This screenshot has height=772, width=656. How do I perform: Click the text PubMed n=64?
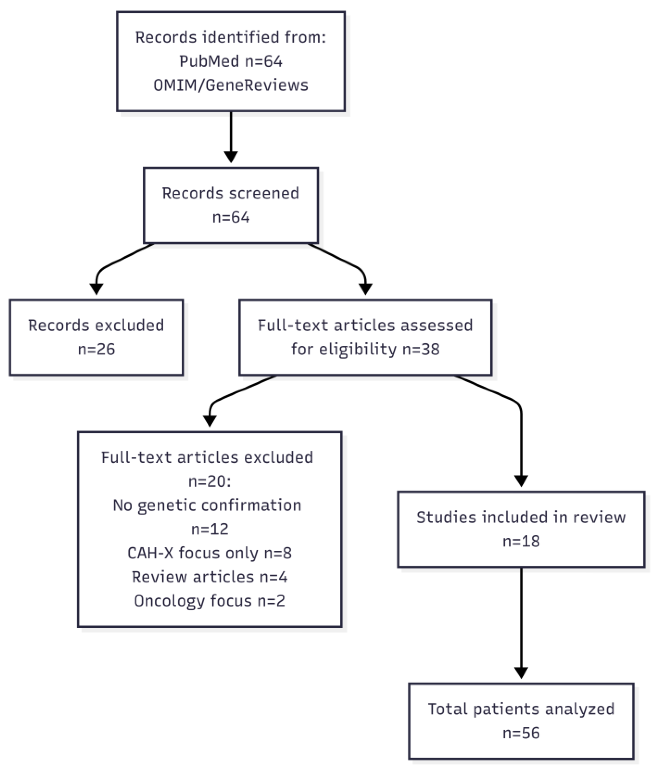point(230,61)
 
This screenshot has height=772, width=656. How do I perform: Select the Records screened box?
point(230,205)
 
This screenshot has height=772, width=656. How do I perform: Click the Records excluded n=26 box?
point(96,337)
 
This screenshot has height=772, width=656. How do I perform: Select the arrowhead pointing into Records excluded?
point(96,288)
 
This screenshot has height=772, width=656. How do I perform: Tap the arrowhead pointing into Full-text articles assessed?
point(365,288)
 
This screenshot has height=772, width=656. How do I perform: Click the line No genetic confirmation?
point(207,506)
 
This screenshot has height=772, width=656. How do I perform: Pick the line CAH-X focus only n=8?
point(210,553)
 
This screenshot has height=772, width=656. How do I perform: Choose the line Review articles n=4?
point(210,577)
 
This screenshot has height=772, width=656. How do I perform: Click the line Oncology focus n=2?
point(210,601)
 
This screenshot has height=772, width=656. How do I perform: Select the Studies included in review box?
point(521,529)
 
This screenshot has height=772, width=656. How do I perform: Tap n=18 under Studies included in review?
point(521,542)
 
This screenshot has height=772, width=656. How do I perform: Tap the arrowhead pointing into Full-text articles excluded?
point(210,420)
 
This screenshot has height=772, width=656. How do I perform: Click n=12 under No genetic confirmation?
point(210,529)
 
